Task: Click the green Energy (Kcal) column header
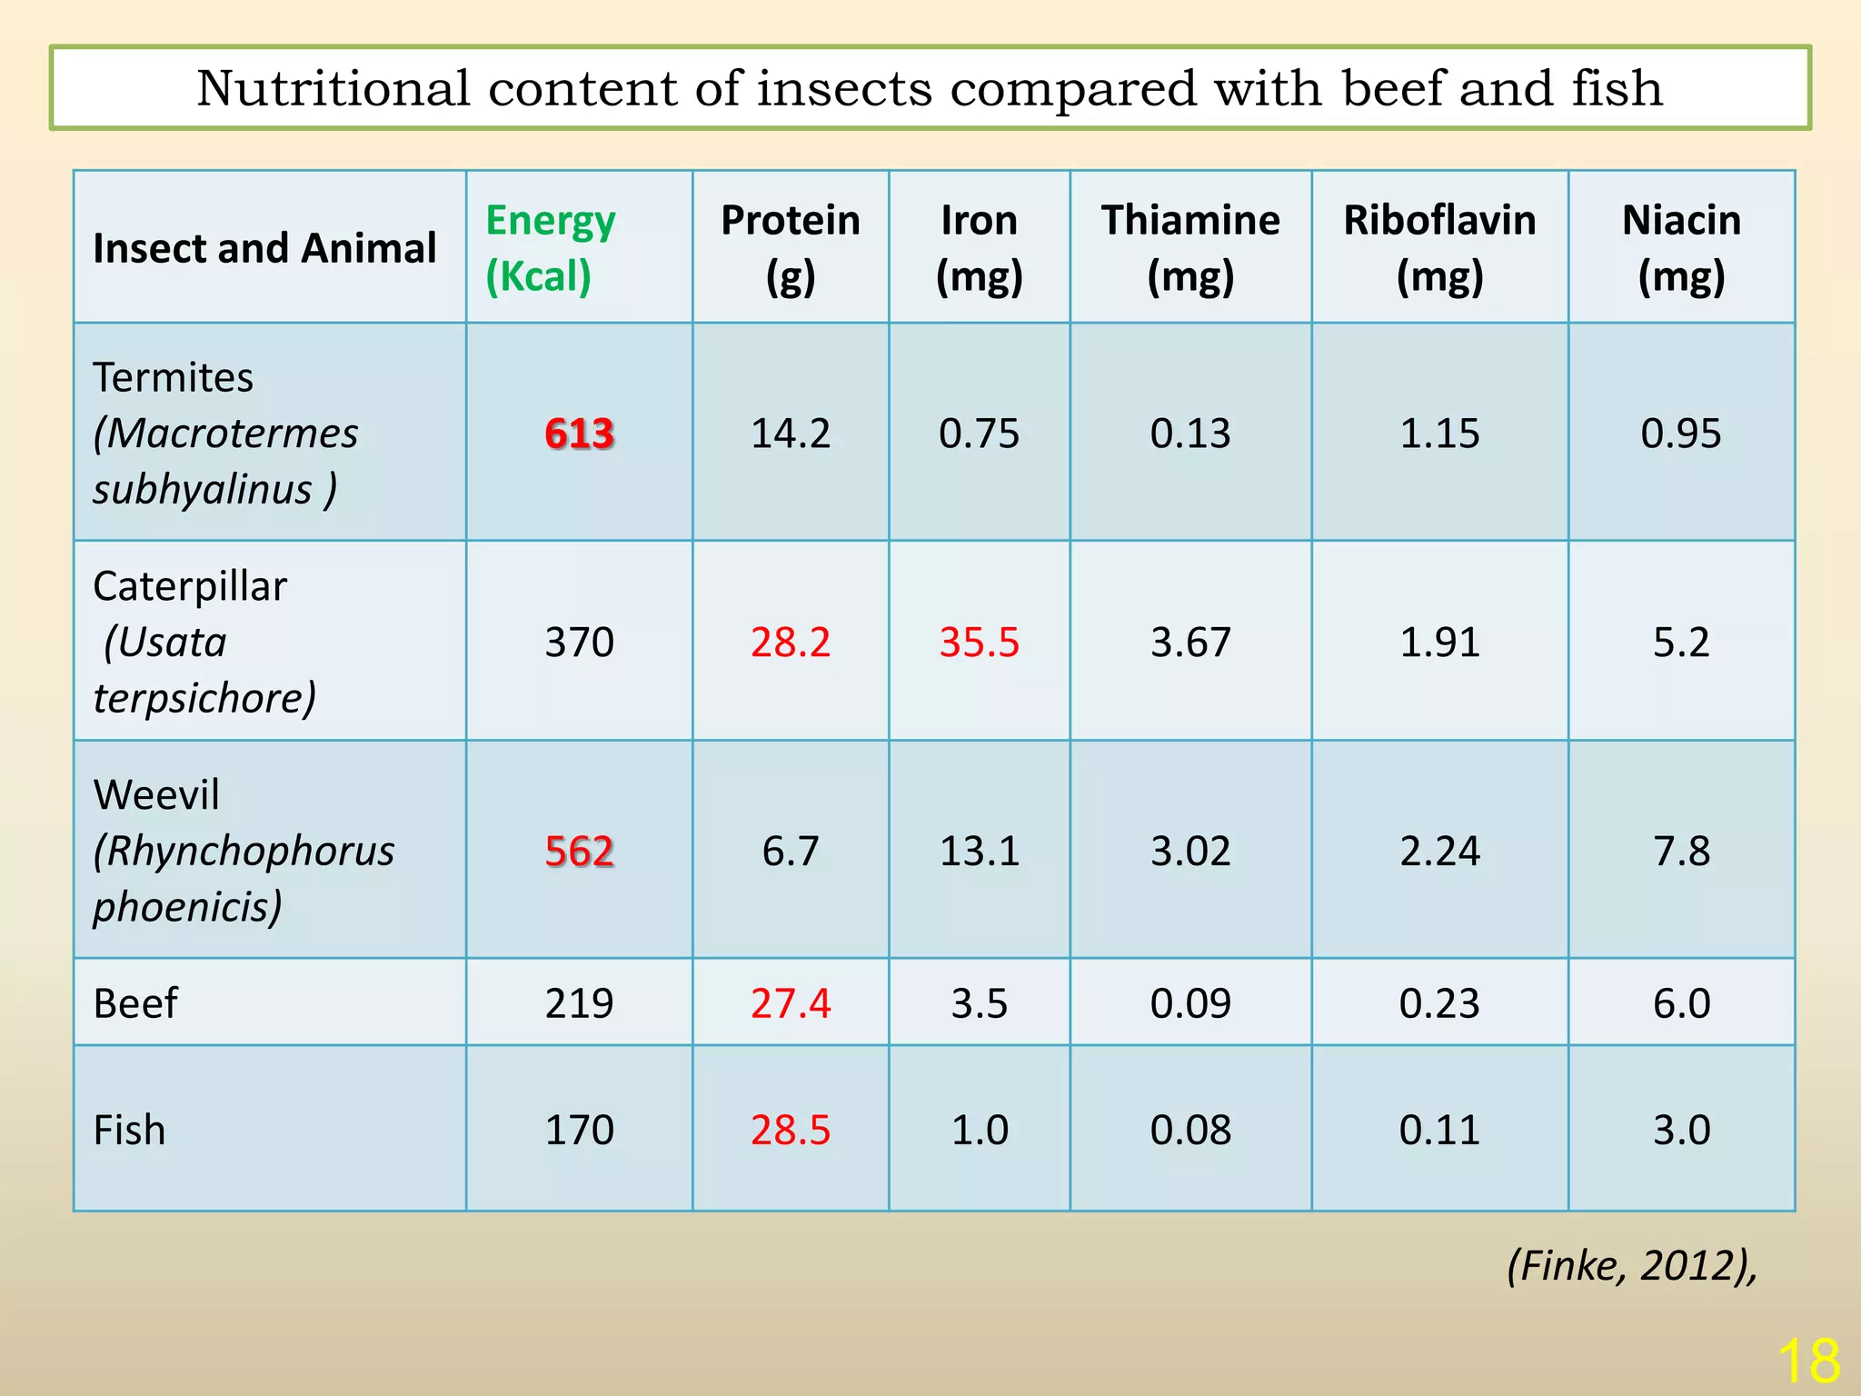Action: (x=551, y=247)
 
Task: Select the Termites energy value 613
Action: (x=580, y=433)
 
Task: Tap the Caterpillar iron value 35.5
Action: (x=979, y=642)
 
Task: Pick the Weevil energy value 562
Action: (x=580, y=851)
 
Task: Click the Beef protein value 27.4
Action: (x=790, y=1003)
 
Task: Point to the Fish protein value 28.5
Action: (x=790, y=1130)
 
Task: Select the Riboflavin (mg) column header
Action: (x=1439, y=247)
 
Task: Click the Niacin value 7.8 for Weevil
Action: (x=1681, y=851)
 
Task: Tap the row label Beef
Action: (x=135, y=1003)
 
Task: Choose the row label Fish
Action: (x=129, y=1130)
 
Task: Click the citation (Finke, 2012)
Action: (x=1632, y=1265)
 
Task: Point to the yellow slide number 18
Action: (x=1808, y=1361)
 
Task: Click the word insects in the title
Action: (x=844, y=88)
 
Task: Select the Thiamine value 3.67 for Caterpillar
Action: (x=1190, y=642)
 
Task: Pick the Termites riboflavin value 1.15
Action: (x=1439, y=433)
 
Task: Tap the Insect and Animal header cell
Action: (x=264, y=248)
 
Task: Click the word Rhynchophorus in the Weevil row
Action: (x=244, y=851)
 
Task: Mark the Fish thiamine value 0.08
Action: (x=1190, y=1130)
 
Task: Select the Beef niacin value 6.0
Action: (x=1681, y=1003)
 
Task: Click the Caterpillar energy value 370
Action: (x=580, y=642)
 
